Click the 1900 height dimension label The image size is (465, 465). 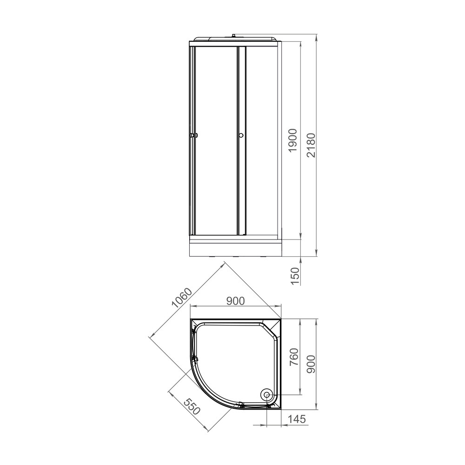click(292, 140)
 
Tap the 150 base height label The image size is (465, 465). click(295, 276)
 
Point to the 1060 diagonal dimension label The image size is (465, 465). click(182, 298)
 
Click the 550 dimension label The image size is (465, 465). click(192, 406)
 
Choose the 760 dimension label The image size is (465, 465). click(293, 357)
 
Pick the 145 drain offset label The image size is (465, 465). click(297, 419)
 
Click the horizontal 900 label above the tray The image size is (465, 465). click(235, 301)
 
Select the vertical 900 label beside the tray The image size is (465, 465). click(311, 364)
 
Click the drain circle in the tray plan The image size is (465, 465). click(267, 395)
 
